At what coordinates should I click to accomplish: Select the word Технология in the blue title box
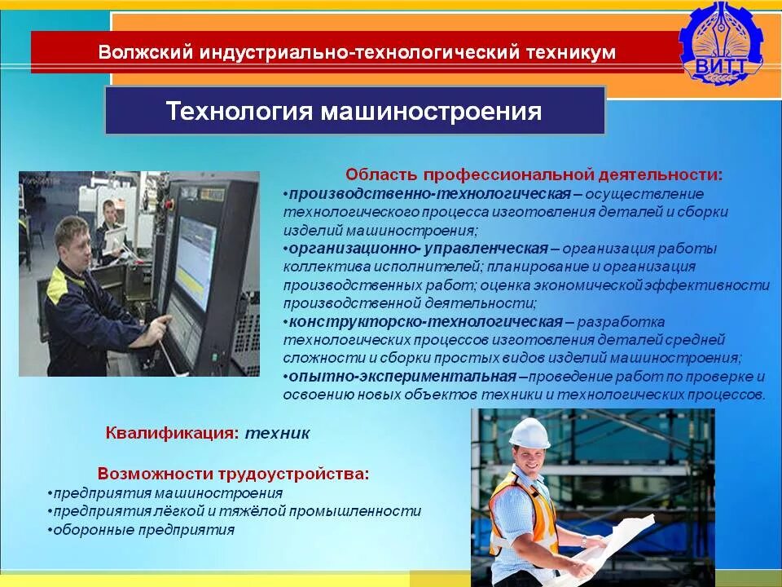coord(239,111)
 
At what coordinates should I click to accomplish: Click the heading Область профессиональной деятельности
coord(534,174)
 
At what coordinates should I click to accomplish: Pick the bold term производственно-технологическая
coord(428,194)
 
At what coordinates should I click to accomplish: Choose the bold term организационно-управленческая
coord(417,248)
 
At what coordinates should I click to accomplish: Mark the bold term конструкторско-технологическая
coord(425,321)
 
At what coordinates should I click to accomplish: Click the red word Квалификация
coord(171,433)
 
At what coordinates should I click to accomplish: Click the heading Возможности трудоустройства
coord(233,474)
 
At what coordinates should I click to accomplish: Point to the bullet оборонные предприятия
coord(143,530)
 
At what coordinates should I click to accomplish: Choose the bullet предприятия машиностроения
coord(167,493)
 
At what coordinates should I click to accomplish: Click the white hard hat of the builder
coord(529,431)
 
